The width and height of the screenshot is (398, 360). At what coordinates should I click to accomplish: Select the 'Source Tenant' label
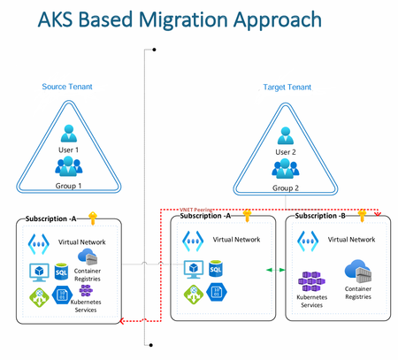[67, 87]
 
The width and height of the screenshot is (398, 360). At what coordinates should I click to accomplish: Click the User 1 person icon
[68, 134]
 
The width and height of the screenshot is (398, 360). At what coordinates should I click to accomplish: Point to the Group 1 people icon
[68, 166]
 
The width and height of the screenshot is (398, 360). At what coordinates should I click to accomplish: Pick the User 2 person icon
[285, 135]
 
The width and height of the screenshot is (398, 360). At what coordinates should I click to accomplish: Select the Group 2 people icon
[285, 168]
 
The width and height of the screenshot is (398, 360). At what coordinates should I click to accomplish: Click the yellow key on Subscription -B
[361, 215]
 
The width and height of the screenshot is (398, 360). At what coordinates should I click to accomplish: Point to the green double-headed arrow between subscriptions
[275, 269]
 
